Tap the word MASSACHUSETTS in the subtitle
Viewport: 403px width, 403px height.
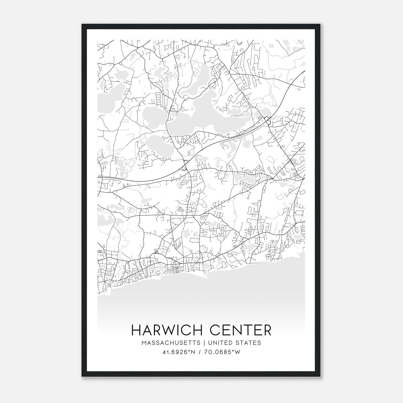171,343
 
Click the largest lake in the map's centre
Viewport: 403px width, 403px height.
207,118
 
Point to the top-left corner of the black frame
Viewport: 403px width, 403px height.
82,24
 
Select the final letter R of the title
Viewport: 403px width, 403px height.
267,330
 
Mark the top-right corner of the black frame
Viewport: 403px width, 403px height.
321,24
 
